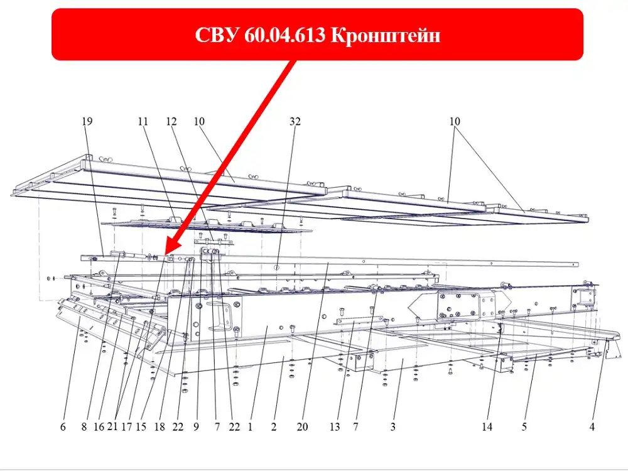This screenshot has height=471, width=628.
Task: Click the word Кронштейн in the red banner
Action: [386, 35]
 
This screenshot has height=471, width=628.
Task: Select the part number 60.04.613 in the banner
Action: [284, 35]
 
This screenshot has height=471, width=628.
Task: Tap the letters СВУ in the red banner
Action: [216, 35]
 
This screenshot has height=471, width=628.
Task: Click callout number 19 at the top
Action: [87, 121]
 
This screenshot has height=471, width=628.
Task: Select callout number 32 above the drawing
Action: [295, 121]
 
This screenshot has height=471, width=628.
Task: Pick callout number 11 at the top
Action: [143, 121]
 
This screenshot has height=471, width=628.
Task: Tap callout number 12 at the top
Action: [171, 121]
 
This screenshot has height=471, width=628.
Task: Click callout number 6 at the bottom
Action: [63, 427]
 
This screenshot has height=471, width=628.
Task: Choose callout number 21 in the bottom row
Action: [112, 426]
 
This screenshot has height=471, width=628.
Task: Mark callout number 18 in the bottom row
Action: [160, 427]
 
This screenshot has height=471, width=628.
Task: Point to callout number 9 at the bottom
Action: [196, 427]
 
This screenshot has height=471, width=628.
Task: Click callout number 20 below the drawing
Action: [303, 427]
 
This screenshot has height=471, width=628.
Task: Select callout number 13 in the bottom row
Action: [335, 427]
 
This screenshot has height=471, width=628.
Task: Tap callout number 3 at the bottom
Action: [393, 427]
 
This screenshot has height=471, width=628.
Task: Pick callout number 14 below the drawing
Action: [487, 427]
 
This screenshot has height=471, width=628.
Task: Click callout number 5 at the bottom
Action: [524, 427]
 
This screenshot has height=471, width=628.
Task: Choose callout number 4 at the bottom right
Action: [592, 427]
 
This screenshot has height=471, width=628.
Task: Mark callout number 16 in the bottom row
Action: [99, 427]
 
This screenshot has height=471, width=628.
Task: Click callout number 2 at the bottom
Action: [274, 427]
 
